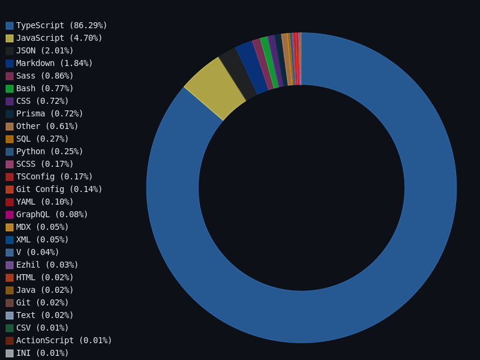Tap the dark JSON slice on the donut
point(237,72)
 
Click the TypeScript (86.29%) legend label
point(61,25)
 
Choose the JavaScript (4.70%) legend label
point(59,38)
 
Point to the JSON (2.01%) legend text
point(44,50)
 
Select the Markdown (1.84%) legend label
point(54,63)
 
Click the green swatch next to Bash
point(10,89)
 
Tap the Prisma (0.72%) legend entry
point(49,113)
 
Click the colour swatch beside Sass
point(10,76)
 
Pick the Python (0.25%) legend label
point(49,151)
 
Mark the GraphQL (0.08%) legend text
point(52,214)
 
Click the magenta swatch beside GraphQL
point(10,215)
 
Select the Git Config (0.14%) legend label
point(59,189)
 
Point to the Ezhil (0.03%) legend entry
point(47,265)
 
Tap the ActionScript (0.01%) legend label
point(64,340)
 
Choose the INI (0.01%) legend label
point(42,353)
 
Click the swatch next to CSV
point(10,328)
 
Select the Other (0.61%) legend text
point(47,126)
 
